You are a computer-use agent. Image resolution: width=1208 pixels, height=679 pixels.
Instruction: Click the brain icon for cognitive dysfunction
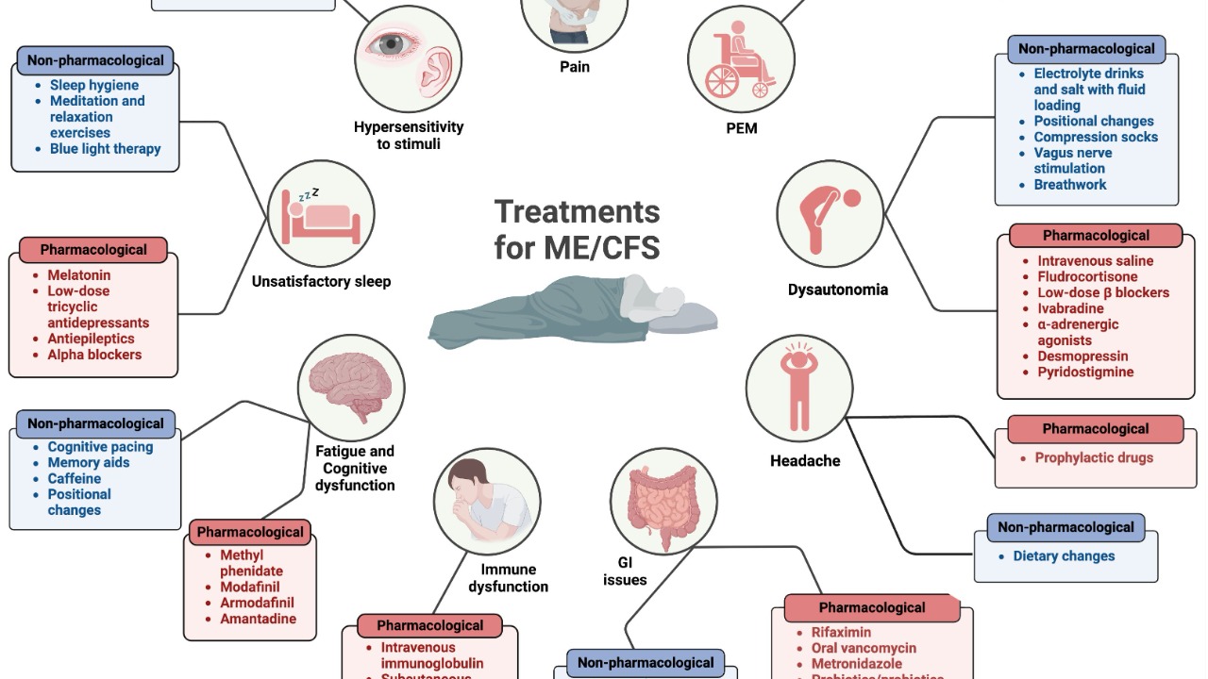351,387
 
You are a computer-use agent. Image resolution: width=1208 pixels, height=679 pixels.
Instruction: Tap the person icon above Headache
798,387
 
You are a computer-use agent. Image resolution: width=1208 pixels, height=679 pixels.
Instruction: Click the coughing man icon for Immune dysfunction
487,500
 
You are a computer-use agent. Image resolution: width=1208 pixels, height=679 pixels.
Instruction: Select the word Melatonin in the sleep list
79,275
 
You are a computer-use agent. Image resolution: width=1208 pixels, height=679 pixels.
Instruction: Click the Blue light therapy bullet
105,149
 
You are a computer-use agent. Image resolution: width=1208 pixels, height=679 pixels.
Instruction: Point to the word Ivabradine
1070,308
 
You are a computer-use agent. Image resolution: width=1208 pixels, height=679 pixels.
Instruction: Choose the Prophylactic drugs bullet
1094,458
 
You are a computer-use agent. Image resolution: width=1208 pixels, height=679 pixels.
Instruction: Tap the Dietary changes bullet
1064,556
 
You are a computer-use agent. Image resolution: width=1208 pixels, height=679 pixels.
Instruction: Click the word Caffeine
75,478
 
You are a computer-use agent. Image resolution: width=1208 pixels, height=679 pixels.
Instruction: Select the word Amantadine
258,619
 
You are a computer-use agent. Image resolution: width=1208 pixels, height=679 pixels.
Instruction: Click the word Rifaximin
841,633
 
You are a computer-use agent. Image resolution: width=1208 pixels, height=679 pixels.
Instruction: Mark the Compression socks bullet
1095,137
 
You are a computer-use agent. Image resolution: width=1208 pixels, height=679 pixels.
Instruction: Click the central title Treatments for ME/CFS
577,229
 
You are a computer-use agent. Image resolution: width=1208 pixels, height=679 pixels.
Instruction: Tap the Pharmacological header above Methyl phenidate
250,532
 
